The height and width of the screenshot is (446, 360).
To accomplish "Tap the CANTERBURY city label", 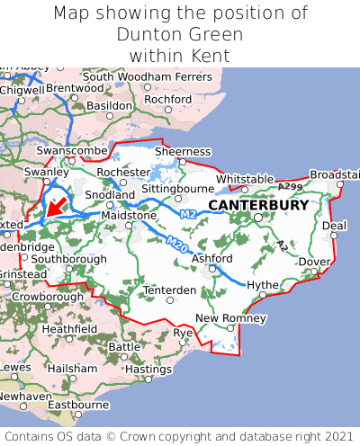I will tap(258, 205).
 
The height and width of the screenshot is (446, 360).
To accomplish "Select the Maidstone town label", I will tap(130, 216).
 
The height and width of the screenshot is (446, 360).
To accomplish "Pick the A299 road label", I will tap(291, 186).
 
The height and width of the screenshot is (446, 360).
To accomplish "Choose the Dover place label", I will tap(314, 262).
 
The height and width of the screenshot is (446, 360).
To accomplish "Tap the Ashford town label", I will tap(212, 258).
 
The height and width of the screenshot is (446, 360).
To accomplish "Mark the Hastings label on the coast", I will tap(148, 369).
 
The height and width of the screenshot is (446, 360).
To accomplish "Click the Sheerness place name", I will tap(183, 152).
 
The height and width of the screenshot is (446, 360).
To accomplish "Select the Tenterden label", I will tap(169, 290).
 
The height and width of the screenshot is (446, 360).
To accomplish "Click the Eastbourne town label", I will tap(77, 405).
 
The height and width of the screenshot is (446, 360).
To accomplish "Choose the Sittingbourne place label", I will tap(176, 190).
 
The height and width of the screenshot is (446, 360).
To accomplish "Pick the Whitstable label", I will tap(245, 179).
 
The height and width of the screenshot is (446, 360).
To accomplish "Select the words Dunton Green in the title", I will tap(180, 34).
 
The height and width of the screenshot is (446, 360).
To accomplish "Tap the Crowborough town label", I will tap(48, 296).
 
